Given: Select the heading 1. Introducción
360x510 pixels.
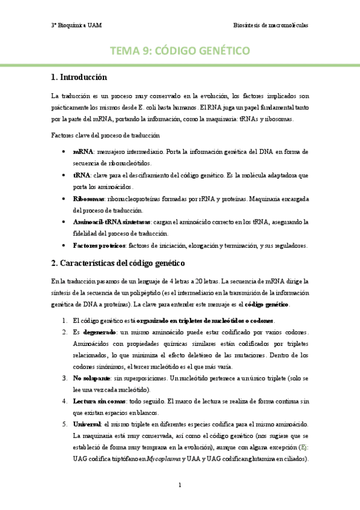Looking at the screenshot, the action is coord(79,77).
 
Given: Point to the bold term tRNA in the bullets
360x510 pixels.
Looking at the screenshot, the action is coord(81,175).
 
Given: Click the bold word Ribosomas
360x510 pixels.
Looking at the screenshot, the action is coord(88,198).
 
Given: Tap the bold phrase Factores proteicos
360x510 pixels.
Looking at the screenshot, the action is coord(99,245).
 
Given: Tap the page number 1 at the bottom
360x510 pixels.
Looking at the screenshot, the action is coord(180,485).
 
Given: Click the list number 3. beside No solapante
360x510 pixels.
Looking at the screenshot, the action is coord(64,378).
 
